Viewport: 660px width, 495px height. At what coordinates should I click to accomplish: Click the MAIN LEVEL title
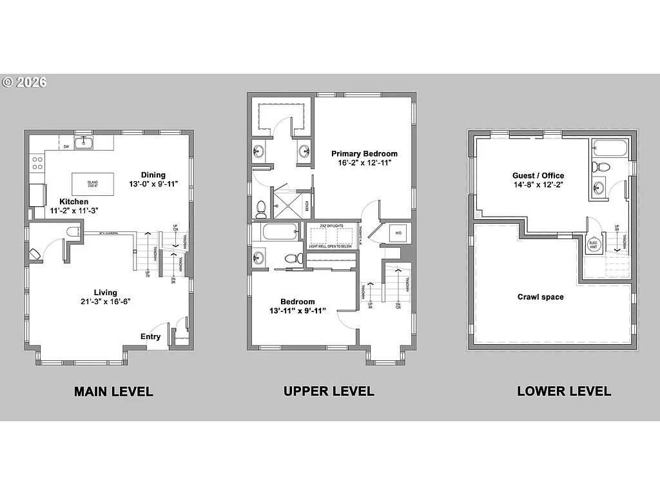(x=113, y=391)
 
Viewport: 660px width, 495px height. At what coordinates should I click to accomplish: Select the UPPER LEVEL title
(x=329, y=391)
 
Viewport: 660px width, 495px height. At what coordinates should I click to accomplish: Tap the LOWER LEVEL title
(x=564, y=391)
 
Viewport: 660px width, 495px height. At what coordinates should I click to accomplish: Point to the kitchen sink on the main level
(x=84, y=142)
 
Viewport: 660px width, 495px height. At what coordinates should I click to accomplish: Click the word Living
(x=105, y=292)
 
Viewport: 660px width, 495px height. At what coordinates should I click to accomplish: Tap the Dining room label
(x=153, y=175)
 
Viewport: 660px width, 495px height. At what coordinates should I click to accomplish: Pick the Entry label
(x=151, y=336)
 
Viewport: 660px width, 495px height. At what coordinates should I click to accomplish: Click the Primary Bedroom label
(x=364, y=153)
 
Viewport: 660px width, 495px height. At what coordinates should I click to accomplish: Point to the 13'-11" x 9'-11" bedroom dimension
(x=298, y=311)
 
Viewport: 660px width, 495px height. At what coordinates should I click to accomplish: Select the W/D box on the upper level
(x=398, y=233)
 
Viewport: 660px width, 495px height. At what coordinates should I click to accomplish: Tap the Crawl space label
(x=540, y=297)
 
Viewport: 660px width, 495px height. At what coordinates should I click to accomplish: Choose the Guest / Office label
(x=538, y=175)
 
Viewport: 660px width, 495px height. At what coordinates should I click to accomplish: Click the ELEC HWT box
(x=592, y=244)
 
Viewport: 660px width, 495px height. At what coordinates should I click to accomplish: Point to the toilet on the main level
(x=71, y=232)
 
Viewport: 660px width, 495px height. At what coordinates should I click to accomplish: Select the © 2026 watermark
(x=24, y=82)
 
